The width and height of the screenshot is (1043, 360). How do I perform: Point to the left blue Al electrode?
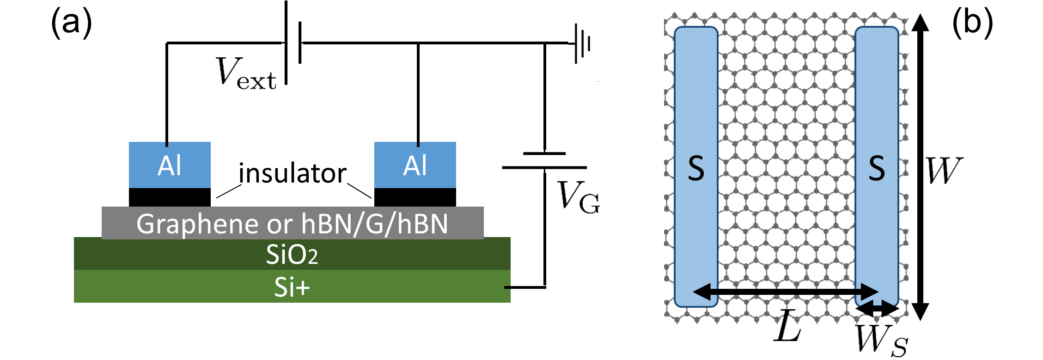(x=170, y=165)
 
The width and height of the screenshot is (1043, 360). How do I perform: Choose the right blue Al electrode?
(x=415, y=165)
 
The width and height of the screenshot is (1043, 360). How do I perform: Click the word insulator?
(x=292, y=174)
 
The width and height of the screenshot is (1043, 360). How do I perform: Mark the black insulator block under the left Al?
(x=170, y=197)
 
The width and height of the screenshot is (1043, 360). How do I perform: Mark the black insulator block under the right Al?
(x=415, y=197)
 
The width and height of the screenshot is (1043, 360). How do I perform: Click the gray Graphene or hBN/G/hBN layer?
(x=292, y=223)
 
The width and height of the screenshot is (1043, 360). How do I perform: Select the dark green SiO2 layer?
(x=292, y=254)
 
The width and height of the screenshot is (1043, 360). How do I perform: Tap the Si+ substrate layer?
(x=292, y=287)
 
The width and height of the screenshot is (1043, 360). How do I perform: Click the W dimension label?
(x=944, y=171)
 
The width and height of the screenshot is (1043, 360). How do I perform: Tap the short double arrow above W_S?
(x=877, y=309)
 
